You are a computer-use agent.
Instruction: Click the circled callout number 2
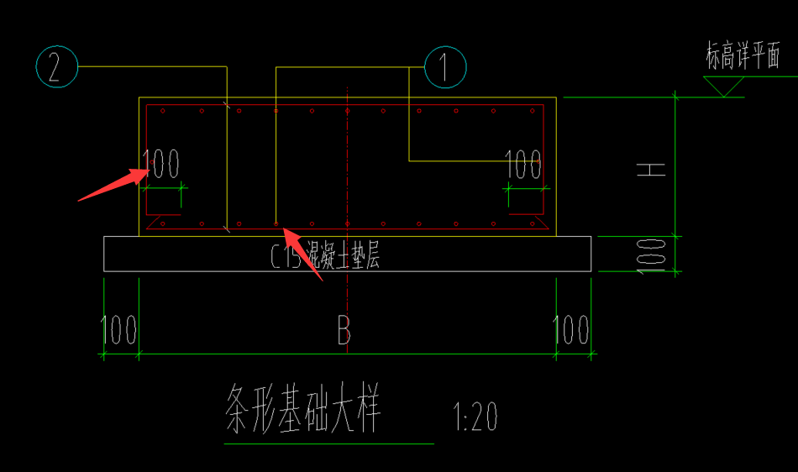point(56,66)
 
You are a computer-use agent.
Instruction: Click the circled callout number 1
point(445,66)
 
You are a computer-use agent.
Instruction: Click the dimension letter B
point(344,331)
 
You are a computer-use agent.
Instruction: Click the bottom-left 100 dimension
point(119,330)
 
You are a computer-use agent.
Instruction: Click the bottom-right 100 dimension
point(572,330)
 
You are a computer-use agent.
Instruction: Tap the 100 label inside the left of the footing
point(161,164)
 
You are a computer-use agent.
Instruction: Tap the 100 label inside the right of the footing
point(523,165)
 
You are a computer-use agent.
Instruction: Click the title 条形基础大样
point(303,409)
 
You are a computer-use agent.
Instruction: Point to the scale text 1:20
point(475,416)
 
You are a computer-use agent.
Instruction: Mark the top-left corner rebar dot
point(164,111)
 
